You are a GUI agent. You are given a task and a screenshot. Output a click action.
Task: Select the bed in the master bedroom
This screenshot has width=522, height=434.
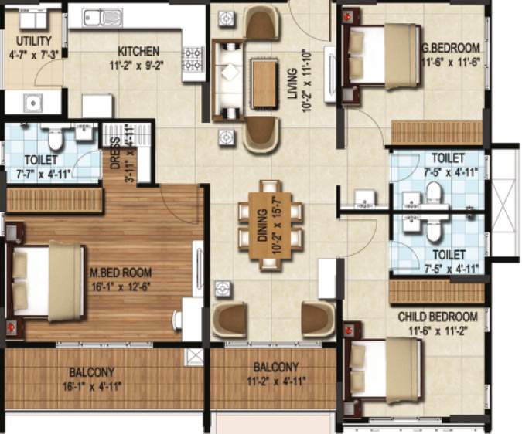(47, 280)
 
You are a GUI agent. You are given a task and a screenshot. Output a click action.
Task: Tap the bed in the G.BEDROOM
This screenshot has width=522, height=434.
(380, 54)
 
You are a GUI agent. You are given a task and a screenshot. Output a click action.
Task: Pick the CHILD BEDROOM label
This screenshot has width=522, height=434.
(438, 317)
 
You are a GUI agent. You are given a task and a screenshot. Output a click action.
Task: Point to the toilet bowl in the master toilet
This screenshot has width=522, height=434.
(55, 139)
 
